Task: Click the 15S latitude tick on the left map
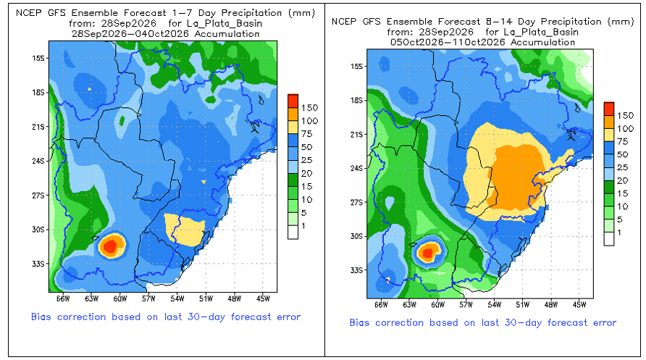pos(38,58)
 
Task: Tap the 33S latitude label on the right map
pos(356,270)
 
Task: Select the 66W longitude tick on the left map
pos(63,298)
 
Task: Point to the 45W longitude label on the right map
pos(579,305)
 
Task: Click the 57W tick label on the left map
pos(148,298)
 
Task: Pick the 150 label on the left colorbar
pos(309,108)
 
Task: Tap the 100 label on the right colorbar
pos(625,128)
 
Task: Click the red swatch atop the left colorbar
pos(293,101)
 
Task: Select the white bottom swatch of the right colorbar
pos(609,239)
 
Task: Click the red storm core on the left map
pos(110,246)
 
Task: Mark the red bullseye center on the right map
pos(427,252)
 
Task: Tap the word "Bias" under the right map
pos(359,322)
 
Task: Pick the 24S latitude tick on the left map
pos(38,161)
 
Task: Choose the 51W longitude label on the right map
pos(522,305)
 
